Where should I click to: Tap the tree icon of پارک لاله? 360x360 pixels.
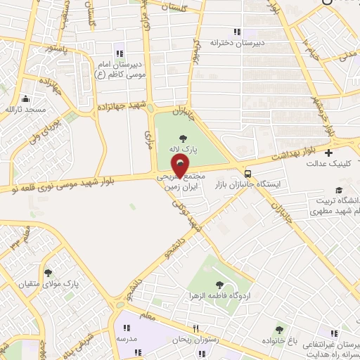click(184, 138)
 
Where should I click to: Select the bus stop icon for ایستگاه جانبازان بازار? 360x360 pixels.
click(247, 173)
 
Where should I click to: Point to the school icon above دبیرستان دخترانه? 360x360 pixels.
click(237, 32)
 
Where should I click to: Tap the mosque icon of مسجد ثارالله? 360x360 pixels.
click(25, 99)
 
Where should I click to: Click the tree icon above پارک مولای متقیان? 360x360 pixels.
click(49, 273)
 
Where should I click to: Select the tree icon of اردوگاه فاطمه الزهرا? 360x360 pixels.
click(220, 284)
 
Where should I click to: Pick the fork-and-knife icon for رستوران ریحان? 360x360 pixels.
click(198, 328)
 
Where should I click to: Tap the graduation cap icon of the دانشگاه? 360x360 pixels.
click(340, 191)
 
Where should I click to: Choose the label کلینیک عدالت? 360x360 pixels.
click(330, 164)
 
